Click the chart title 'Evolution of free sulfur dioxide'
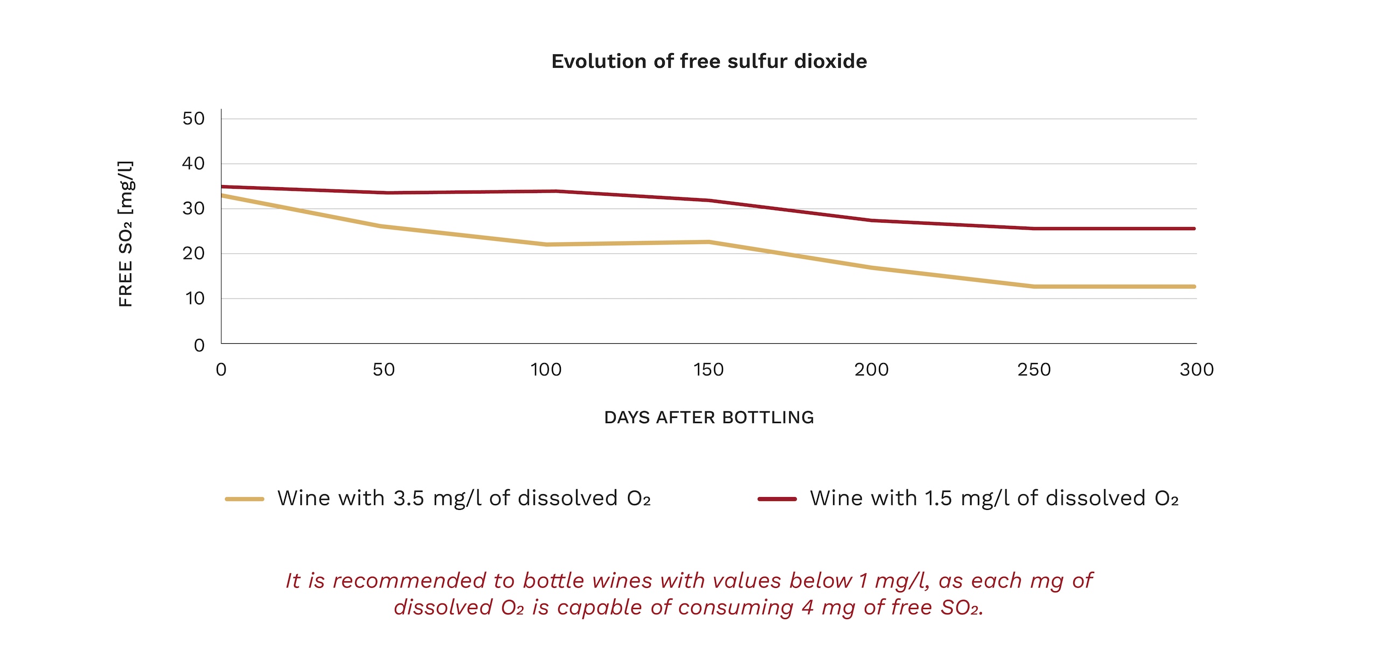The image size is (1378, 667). (x=709, y=61)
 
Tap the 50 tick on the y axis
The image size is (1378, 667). (x=193, y=118)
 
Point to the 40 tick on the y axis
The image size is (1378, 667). (x=193, y=164)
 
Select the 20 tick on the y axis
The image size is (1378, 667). (x=193, y=253)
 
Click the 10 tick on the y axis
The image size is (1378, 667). (x=194, y=299)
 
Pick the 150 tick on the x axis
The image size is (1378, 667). (x=708, y=370)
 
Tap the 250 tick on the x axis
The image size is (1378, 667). (x=1034, y=370)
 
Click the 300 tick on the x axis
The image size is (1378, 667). (x=1197, y=370)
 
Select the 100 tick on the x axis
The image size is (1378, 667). (x=546, y=370)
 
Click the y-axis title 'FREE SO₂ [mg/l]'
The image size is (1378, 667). (x=125, y=234)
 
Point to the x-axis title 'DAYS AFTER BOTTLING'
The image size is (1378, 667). (x=709, y=417)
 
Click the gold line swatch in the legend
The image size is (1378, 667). (x=244, y=499)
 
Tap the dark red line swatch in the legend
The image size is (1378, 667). (x=777, y=499)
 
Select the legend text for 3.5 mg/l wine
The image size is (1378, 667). (x=464, y=498)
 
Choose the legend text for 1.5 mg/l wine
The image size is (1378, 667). (x=994, y=498)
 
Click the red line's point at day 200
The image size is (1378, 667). (x=871, y=221)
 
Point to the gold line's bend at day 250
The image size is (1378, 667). (x=1034, y=287)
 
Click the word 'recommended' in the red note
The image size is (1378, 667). (x=409, y=581)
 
